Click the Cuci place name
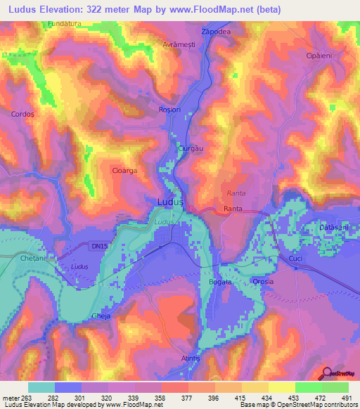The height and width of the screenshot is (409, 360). coord(295,260)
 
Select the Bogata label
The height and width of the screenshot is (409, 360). coord(220,282)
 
